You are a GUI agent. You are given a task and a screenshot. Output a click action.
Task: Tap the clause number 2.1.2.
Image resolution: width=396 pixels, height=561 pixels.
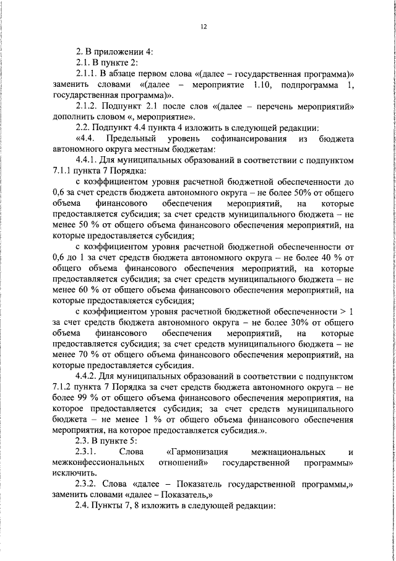click(86, 106)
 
